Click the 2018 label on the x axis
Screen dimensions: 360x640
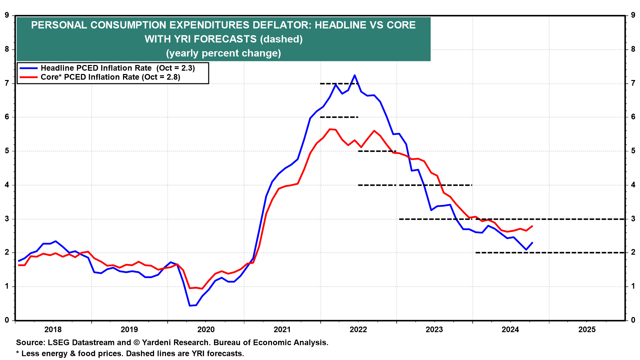tap(53, 330)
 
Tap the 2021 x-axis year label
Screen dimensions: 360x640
tap(282, 330)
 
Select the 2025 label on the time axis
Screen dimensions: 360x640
tap(587, 330)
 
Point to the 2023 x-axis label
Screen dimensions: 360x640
tap(434, 330)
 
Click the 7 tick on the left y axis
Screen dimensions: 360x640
tap(7, 83)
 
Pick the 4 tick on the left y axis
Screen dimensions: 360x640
tap(7, 185)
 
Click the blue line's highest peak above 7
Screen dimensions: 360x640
tap(355, 75)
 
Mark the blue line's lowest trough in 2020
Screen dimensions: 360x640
tap(190, 305)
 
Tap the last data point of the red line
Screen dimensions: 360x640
tap(532, 226)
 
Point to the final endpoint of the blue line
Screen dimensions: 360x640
tap(532, 243)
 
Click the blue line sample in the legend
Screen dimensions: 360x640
tap(29, 68)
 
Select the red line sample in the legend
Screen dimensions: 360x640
tap(29, 77)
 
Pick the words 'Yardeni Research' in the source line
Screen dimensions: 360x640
tap(176, 343)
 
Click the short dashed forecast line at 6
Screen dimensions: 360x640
tap(339, 117)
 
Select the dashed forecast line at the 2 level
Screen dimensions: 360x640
tap(550, 253)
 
